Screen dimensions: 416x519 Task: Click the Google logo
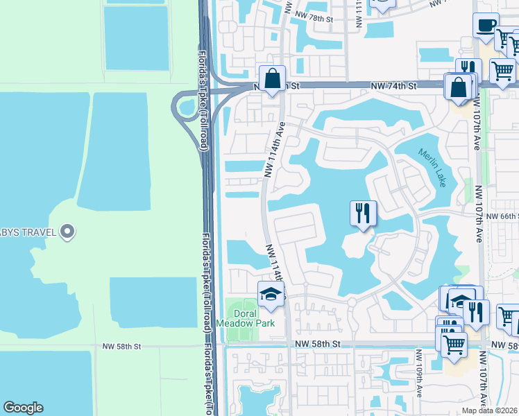point(24,408)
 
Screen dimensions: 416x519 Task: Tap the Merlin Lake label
point(432,167)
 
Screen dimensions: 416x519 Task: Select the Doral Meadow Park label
point(245,318)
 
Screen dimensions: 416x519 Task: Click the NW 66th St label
point(502,216)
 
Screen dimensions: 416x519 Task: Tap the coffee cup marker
point(486,26)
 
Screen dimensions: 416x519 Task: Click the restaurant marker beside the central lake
point(362,214)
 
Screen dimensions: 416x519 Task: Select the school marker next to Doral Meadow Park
point(271,295)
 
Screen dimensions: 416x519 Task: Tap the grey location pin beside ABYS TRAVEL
point(67,232)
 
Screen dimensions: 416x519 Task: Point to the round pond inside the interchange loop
point(187,107)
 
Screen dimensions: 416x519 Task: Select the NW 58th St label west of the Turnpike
point(121,345)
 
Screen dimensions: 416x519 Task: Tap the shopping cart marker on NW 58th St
point(454,344)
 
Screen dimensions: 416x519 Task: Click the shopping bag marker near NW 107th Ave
point(458,88)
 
